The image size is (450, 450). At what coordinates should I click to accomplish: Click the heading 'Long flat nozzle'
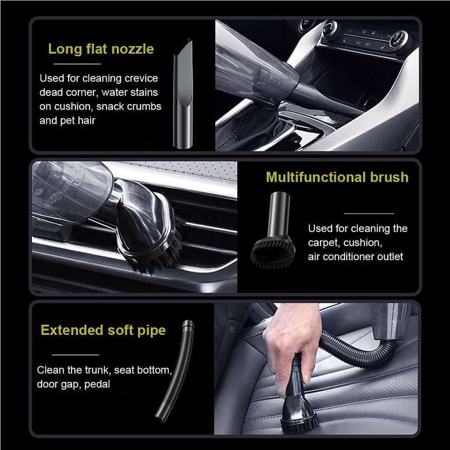click(101, 49)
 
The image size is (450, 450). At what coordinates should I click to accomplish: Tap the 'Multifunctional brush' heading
click(337, 177)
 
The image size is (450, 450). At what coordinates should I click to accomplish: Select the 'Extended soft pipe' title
click(103, 331)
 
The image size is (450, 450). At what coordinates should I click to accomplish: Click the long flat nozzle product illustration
click(183, 94)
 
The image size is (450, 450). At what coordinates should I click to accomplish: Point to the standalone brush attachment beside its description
click(273, 230)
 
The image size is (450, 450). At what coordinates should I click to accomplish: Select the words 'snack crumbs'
click(129, 106)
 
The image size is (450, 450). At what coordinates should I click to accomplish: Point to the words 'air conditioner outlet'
click(356, 256)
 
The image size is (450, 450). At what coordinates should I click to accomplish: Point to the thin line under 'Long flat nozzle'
click(77, 64)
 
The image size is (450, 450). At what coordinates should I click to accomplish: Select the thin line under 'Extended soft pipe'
click(75, 355)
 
